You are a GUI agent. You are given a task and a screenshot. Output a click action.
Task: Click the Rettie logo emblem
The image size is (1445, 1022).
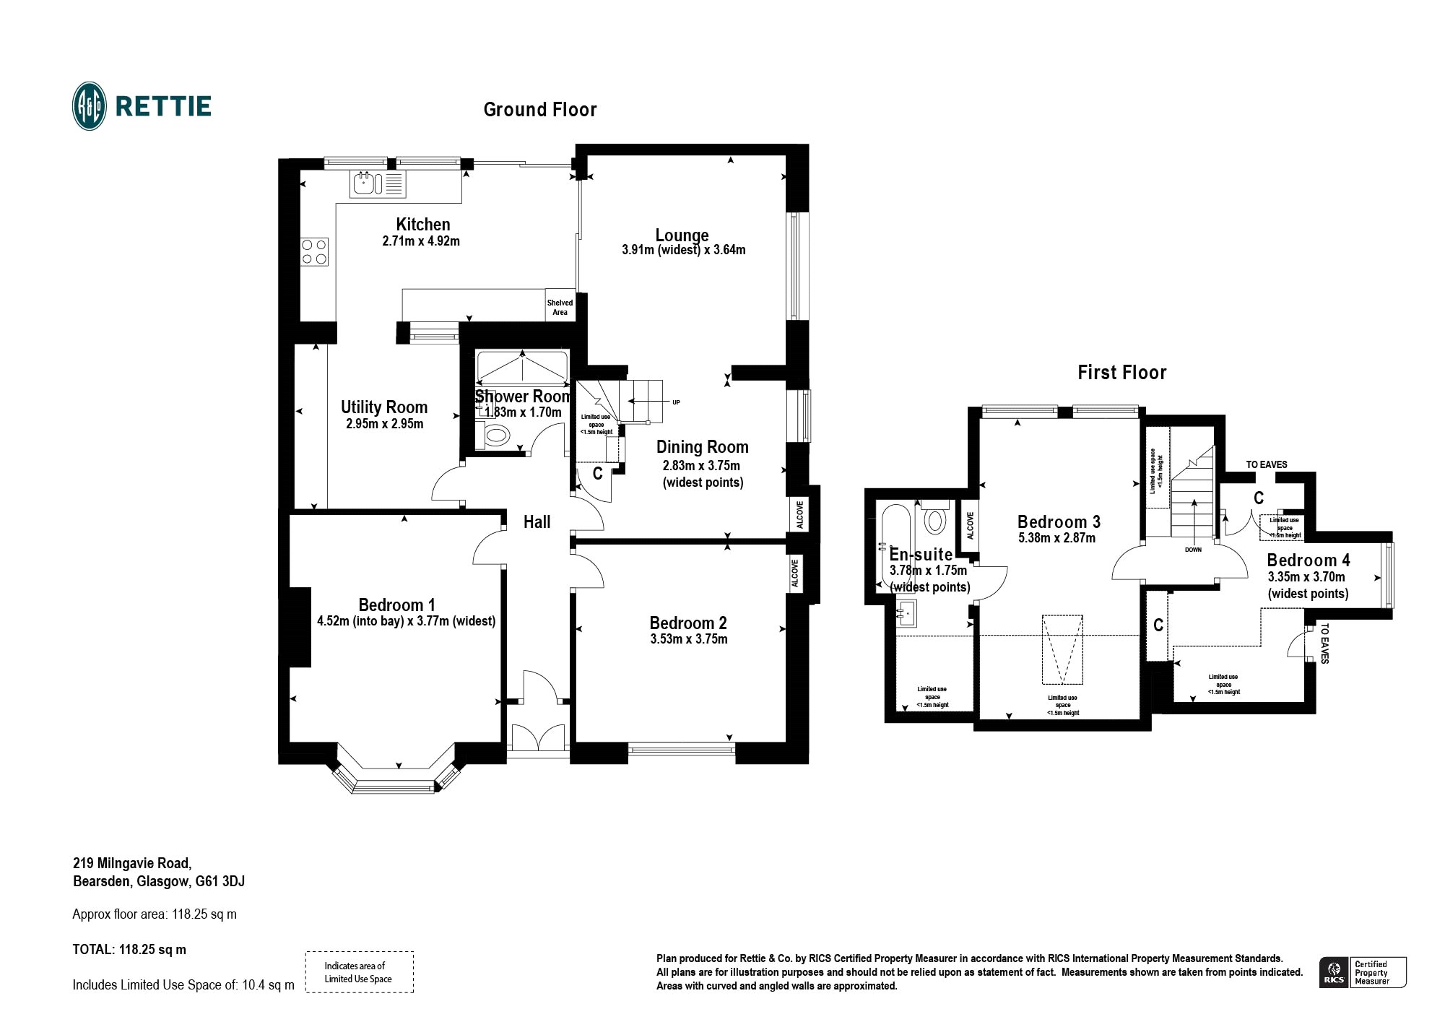click(90, 106)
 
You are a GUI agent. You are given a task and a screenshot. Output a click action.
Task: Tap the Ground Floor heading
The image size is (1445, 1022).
click(540, 110)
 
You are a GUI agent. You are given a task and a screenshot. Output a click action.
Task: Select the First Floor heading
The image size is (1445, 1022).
click(1121, 373)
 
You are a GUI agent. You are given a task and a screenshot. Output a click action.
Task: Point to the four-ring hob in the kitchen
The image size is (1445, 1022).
click(315, 251)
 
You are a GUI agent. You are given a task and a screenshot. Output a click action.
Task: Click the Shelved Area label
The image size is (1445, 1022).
click(560, 308)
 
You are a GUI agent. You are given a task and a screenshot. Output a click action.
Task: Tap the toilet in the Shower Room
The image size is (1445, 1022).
click(495, 436)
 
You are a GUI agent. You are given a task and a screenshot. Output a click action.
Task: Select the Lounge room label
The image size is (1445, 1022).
click(682, 235)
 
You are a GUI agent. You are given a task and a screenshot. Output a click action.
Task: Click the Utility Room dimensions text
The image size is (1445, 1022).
click(384, 424)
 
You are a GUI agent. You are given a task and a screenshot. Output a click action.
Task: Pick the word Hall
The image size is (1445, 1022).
click(537, 522)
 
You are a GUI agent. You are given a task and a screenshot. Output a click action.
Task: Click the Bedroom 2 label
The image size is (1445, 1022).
click(688, 623)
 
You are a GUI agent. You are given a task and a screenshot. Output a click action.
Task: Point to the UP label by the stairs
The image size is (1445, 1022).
click(676, 402)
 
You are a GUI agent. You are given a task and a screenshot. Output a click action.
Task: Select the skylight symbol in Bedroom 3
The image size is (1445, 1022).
click(1062, 649)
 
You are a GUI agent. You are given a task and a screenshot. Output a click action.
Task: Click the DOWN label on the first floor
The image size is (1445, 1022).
click(1193, 550)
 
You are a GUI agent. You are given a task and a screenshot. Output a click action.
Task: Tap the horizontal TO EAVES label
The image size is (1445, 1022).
click(1267, 464)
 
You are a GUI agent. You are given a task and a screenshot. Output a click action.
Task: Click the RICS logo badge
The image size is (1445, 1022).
click(1363, 972)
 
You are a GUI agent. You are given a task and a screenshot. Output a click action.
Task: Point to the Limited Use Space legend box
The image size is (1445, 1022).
click(359, 972)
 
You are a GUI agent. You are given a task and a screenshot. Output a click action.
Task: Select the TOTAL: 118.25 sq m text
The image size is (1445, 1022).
click(129, 950)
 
